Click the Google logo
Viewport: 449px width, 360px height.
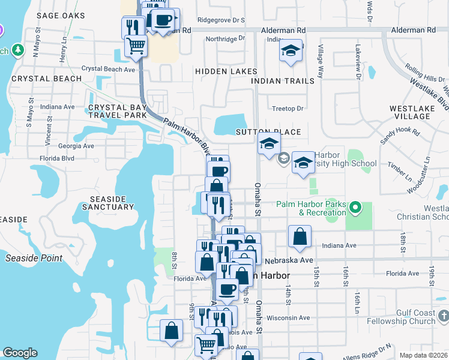point(20,353)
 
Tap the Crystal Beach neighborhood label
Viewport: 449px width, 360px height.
point(46,79)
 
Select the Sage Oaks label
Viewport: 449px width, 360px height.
point(61,16)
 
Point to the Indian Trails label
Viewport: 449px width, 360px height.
point(283,81)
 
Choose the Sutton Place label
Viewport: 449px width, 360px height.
point(268,132)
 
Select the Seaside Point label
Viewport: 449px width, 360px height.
point(34,258)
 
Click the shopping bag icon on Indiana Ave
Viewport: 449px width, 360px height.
point(300,236)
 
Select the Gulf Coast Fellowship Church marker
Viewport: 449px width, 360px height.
point(444,316)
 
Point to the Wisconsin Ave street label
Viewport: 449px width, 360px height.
point(288,317)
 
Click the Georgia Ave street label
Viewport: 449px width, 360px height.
point(76,146)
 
